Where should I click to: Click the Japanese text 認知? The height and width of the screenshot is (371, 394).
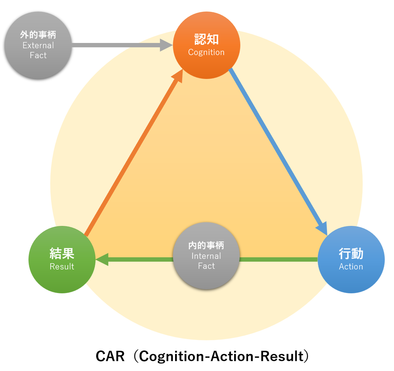(x=206, y=40)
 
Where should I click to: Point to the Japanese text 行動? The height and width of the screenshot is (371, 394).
(x=351, y=253)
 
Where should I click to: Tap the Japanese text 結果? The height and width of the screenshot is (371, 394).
(x=62, y=253)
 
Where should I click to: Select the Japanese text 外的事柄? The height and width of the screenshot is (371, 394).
(x=38, y=34)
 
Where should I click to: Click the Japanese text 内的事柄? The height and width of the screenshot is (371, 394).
(x=206, y=245)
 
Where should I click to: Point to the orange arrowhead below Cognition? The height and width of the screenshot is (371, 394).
(x=178, y=76)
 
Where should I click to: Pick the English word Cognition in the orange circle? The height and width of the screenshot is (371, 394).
(x=206, y=52)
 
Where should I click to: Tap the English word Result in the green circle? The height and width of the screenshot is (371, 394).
(x=62, y=267)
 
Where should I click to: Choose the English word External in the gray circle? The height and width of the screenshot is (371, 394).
(x=38, y=46)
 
